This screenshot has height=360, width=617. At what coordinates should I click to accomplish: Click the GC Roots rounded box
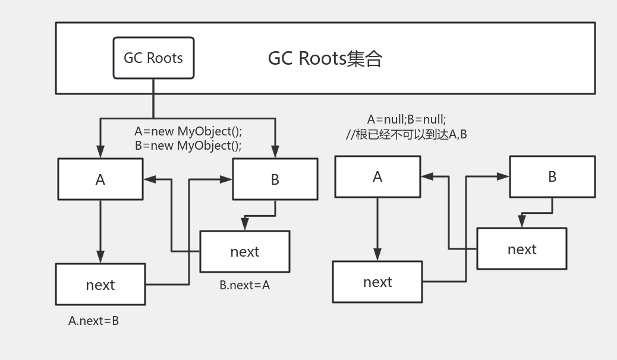(x=153, y=58)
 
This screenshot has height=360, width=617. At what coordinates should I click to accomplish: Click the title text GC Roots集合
(x=325, y=58)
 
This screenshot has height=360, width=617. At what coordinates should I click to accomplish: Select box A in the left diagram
(x=100, y=179)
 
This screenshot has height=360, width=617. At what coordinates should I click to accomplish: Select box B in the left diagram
(x=275, y=179)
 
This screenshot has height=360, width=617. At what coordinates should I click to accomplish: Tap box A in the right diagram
(x=377, y=176)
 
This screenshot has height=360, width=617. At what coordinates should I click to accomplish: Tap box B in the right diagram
(x=552, y=176)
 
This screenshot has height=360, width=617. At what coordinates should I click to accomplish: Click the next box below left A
(x=100, y=285)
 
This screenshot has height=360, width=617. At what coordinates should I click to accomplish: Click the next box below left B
(x=244, y=251)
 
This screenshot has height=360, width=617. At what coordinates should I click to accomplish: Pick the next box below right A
(x=377, y=282)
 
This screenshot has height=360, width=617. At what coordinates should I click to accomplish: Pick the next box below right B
(x=521, y=249)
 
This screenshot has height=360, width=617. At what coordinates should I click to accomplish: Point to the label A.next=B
(x=93, y=321)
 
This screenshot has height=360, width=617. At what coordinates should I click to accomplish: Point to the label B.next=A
(x=244, y=285)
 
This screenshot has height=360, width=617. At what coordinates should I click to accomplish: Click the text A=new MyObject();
(x=188, y=131)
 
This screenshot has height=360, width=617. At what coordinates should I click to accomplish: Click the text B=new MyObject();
(x=188, y=146)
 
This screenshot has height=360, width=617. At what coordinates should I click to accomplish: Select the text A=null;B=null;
(x=407, y=119)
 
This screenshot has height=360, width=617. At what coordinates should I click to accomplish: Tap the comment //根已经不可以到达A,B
(x=407, y=134)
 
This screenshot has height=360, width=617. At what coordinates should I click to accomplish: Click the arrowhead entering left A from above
(x=100, y=153)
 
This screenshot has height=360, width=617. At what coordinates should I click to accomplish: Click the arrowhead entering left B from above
(x=275, y=153)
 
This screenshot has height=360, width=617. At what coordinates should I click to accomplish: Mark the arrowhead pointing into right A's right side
(x=427, y=176)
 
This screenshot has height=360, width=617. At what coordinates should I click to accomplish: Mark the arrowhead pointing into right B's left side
(x=504, y=176)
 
